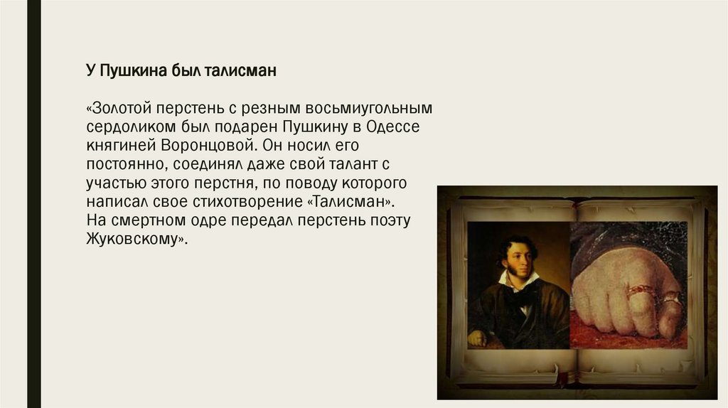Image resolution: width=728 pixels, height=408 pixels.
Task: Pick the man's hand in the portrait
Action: [x=476, y=338]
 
